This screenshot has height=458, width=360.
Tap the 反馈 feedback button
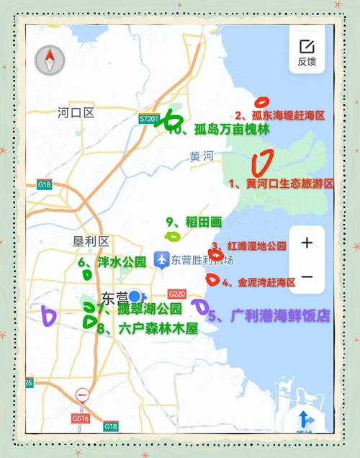tap(307, 52)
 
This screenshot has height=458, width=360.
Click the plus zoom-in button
tap(307, 243)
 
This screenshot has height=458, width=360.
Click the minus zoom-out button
tap(307, 277)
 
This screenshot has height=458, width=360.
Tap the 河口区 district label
tap(76, 112)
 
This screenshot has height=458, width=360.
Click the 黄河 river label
tap(202, 156)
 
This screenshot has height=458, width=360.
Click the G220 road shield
tap(176, 294)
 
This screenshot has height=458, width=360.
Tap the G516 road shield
tap(80, 417)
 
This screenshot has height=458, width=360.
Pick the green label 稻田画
tap(202, 222)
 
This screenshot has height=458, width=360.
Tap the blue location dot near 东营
tap(135, 297)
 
